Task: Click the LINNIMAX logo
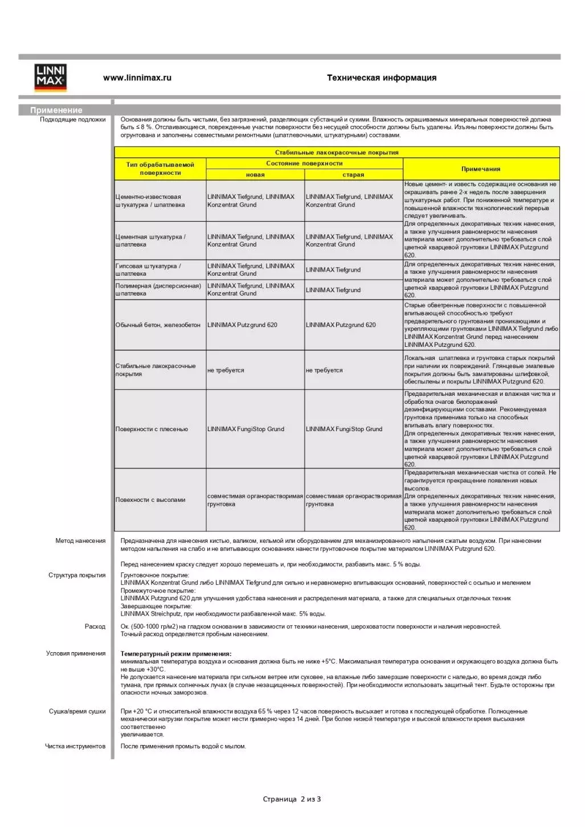51,77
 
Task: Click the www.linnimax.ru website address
137,78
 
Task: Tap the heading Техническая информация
382,78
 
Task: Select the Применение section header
56,110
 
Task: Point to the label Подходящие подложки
73,120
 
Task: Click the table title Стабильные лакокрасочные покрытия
337,153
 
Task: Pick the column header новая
255,175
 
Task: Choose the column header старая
353,175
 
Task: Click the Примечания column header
481,169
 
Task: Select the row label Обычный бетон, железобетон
158,325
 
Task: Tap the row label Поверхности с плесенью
152,429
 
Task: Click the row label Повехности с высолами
150,500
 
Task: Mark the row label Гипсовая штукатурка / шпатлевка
148,270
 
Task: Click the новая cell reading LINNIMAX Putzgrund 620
243,325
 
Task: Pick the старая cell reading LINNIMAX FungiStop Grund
344,429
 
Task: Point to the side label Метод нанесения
80,541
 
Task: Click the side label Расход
95,627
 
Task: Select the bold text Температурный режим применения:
176,654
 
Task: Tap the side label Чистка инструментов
75,746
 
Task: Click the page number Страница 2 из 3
292,799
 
